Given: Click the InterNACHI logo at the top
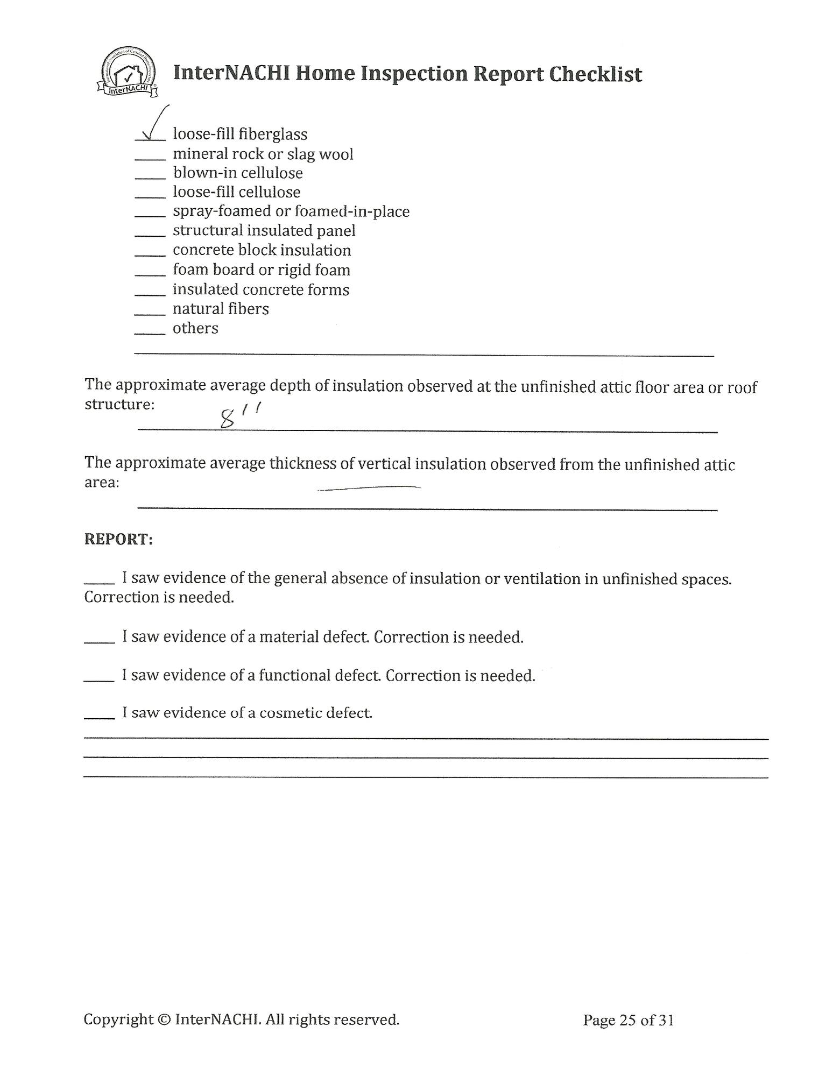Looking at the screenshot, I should point(129,73).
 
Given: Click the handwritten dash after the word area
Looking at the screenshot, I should point(369,488).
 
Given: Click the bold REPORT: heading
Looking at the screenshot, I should point(119,539).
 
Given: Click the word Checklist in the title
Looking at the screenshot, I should point(595,74).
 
